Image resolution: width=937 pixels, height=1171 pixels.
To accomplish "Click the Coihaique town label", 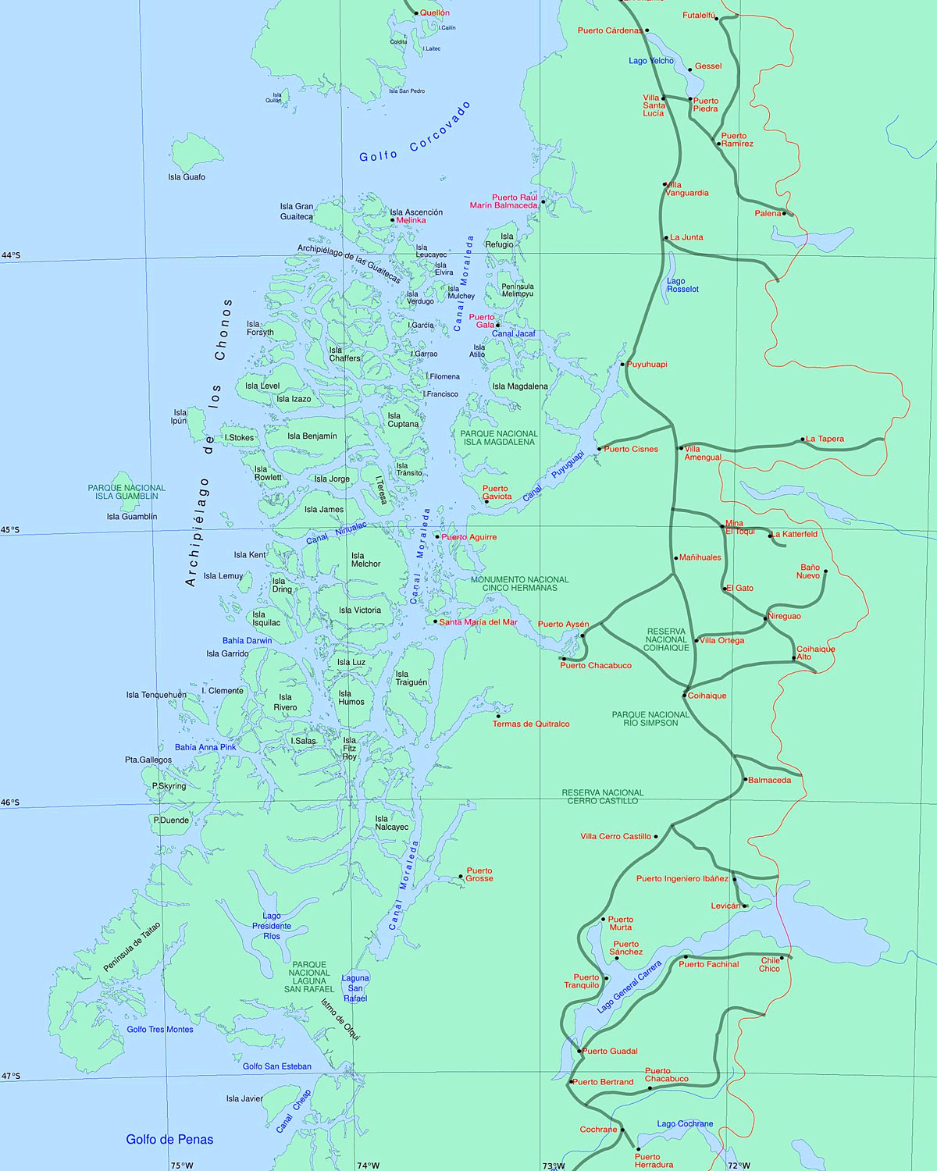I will click(x=707, y=696).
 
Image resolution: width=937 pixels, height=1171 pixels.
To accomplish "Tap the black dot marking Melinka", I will click(x=393, y=220).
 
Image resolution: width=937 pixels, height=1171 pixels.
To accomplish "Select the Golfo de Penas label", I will click(x=169, y=1140).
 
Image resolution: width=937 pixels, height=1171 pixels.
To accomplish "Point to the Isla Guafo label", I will click(x=187, y=177).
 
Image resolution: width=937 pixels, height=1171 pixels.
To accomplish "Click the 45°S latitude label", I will click(x=11, y=530).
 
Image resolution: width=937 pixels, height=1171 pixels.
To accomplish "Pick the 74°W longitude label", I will click(x=368, y=1166).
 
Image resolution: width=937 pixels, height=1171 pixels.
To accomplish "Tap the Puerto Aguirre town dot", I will click(x=437, y=536).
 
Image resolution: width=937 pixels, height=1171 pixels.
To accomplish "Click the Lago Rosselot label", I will click(x=682, y=285).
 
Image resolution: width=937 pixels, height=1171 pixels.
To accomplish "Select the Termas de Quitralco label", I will click(x=531, y=724).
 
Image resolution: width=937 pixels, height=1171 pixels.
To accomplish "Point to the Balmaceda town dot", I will click(x=745, y=779).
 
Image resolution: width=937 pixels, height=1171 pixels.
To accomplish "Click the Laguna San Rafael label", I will click(x=355, y=988).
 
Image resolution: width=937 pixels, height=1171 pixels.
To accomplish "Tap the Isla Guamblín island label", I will click(x=132, y=517).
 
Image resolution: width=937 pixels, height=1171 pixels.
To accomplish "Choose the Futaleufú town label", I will click(x=699, y=16).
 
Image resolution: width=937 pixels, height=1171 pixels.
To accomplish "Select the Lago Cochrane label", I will click(x=685, y=1124).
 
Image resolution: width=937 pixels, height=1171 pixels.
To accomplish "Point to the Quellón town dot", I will click(x=416, y=12).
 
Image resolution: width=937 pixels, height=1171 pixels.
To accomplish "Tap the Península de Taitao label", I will click(x=132, y=947).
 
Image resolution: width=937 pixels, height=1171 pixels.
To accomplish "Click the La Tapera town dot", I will click(x=803, y=440).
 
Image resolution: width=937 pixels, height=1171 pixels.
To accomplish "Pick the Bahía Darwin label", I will click(x=247, y=641).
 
